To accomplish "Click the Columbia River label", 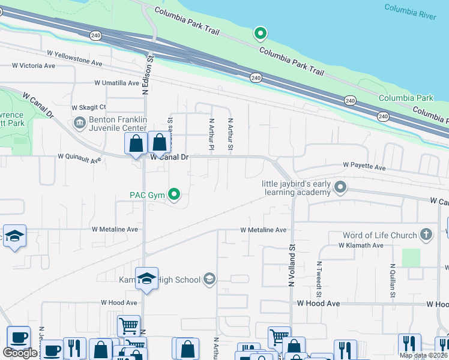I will tap(410, 12).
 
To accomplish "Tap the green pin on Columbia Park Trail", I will tap(260, 34).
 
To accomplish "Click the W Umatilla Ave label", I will tap(117, 83).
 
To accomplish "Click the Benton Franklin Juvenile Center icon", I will tap(79, 123).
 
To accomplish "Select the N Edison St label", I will tap(145, 75).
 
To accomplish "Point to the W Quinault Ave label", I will tap(80, 156).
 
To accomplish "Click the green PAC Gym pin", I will tap(175, 194).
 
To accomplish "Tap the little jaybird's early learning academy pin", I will tap(340, 188).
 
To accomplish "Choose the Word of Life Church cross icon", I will tap(426, 235).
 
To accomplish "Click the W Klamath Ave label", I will tap(361, 245).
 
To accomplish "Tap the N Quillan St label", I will tap(393, 280).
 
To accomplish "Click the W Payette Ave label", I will tap(364, 165).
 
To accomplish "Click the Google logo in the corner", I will tap(20, 353).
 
